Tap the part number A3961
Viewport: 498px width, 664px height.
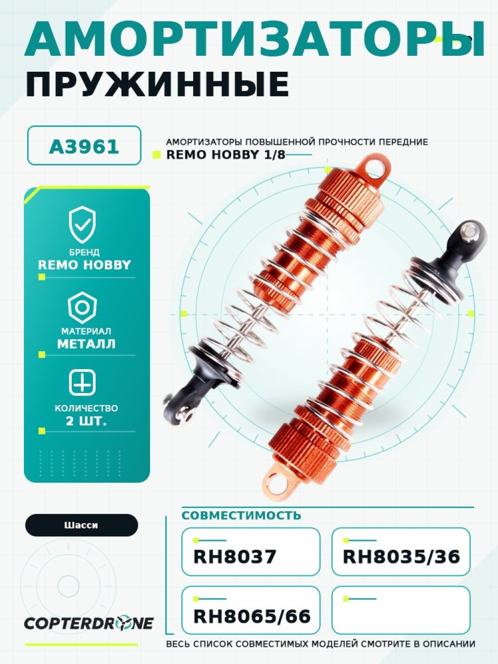pos(84,147)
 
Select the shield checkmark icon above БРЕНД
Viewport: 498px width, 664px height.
pos(82,225)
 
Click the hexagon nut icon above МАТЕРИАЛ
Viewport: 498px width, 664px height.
pos(82,308)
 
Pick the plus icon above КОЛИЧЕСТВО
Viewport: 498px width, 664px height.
pos(82,383)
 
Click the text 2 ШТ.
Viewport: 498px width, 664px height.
pos(86,421)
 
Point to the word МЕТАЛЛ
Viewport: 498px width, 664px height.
pos(86,344)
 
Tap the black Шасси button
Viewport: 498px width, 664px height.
pos(81,525)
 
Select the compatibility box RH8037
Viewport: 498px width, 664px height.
pos(250,552)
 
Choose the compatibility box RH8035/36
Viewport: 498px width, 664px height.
pos(401,552)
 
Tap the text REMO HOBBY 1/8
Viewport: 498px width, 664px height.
pos(226,154)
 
